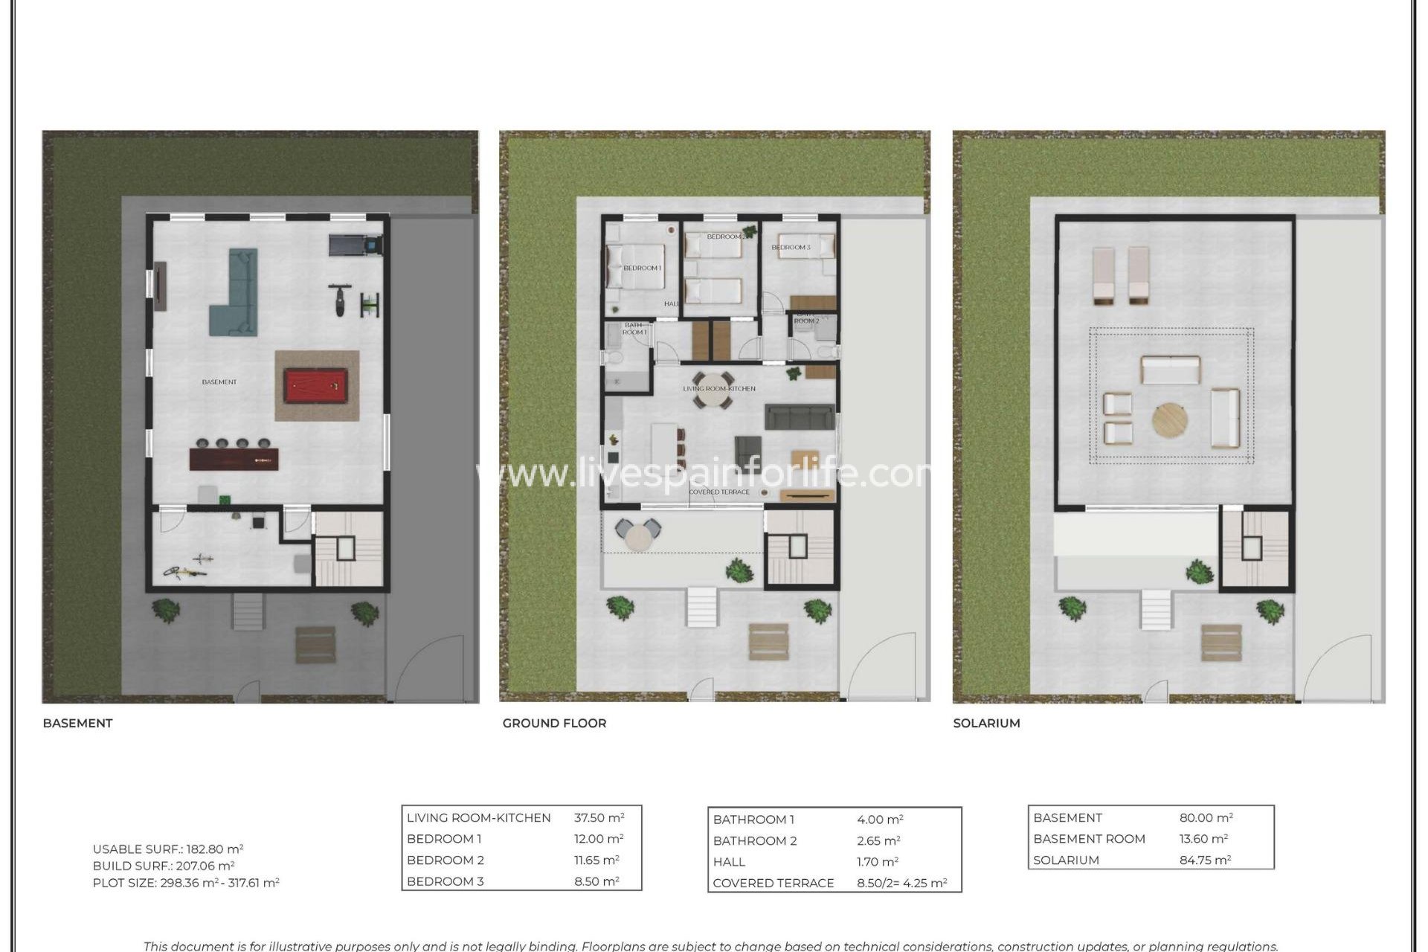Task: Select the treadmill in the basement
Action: (x=356, y=243)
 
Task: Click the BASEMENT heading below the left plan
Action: (x=77, y=723)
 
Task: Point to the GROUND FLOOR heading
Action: (x=554, y=723)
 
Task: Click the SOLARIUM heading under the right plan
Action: (x=986, y=723)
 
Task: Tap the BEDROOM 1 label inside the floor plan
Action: (x=641, y=268)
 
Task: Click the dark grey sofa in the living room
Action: (x=800, y=416)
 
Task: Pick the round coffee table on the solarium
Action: (x=1169, y=420)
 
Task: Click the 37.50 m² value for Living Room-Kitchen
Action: (x=599, y=817)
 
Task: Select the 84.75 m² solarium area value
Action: (x=1205, y=860)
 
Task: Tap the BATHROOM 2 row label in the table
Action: (x=754, y=840)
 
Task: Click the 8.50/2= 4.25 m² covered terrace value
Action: (x=901, y=883)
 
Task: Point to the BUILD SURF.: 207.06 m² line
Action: (x=164, y=866)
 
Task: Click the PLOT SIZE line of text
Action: (x=186, y=883)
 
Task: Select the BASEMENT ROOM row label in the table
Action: (x=1089, y=838)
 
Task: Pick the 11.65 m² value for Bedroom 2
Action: (x=596, y=860)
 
